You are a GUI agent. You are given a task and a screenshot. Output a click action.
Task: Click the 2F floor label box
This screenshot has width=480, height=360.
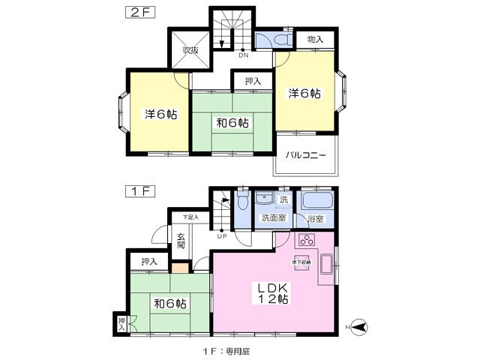(x=139, y=11)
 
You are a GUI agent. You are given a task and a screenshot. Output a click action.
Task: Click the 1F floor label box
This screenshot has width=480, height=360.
(x=139, y=190)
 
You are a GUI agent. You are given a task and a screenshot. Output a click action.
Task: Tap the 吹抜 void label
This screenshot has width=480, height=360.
(x=190, y=50)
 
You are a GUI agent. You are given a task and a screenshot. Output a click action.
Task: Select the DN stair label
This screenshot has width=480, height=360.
(x=243, y=55)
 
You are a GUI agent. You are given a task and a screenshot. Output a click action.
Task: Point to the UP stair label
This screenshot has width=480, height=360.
(x=222, y=236)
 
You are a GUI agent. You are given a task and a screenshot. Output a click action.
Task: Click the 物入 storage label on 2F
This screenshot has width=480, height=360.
(x=315, y=39)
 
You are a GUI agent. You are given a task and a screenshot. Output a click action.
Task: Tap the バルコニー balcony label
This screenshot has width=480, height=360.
(x=305, y=155)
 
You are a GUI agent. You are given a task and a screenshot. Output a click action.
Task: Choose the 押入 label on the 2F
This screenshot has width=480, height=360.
(x=253, y=81)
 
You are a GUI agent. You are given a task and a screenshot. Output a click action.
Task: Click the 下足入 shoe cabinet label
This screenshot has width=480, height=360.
(x=191, y=217)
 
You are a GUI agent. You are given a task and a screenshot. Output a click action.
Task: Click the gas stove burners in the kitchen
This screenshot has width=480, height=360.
(x=307, y=241)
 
